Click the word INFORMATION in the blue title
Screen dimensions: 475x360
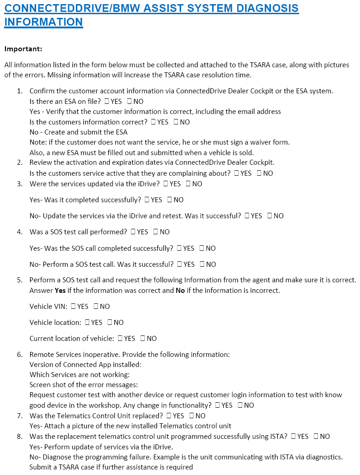[x=43, y=22]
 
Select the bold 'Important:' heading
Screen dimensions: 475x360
[x=23, y=49]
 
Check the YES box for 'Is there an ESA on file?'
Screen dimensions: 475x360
[x=107, y=102]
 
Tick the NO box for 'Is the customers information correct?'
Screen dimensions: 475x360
[x=176, y=122]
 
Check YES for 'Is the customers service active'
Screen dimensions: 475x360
[x=236, y=173]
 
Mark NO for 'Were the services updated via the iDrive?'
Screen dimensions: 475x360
[x=188, y=184]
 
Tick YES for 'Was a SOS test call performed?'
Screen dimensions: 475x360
[x=133, y=232]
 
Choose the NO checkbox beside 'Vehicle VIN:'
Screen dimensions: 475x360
[x=96, y=307]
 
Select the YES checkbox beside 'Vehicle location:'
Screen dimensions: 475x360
[x=87, y=323]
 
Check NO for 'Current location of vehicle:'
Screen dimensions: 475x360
[x=143, y=339]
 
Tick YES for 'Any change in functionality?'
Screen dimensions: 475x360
[x=217, y=405]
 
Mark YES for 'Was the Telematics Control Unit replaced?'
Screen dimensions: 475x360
[x=169, y=416]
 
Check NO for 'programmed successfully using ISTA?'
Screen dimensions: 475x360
[x=316, y=437]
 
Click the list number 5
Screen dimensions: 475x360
[x=20, y=280]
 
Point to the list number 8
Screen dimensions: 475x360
[x=20, y=437]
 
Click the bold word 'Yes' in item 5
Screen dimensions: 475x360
[x=60, y=291]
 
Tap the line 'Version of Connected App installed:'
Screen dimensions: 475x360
[x=85, y=365]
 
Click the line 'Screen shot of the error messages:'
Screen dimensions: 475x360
[x=83, y=385]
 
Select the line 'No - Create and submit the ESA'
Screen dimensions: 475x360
[x=78, y=132]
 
